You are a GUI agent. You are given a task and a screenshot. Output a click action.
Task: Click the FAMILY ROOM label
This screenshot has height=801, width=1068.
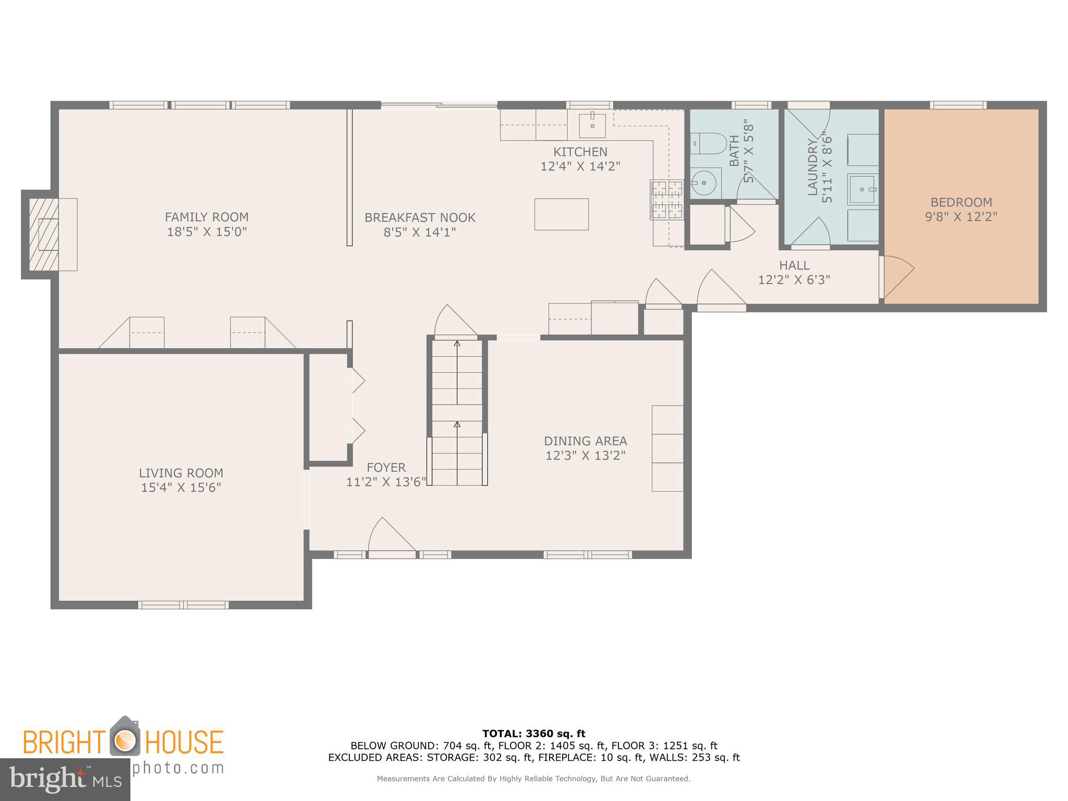[x=207, y=217]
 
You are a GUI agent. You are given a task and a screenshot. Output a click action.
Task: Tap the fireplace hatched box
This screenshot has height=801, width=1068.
[x=44, y=234]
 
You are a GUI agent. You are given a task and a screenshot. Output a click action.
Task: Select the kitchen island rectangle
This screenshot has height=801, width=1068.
[x=561, y=214]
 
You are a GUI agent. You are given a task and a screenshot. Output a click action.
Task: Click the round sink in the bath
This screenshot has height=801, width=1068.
[x=705, y=183]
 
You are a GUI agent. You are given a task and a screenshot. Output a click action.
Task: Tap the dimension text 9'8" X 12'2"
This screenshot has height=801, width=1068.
[x=961, y=217]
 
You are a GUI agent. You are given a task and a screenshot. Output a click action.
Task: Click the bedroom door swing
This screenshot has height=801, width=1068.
[x=897, y=276]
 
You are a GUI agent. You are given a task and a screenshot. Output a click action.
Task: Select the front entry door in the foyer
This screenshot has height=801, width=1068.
[x=391, y=537]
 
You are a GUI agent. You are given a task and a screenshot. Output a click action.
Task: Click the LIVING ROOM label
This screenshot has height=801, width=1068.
[x=181, y=473]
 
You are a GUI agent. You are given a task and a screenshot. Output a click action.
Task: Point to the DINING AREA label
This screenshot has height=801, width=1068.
[x=585, y=441]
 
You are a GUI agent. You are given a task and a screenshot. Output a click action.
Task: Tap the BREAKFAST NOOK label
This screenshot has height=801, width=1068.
[x=420, y=217]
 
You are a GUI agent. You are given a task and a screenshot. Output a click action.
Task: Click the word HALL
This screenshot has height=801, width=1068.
[x=794, y=265]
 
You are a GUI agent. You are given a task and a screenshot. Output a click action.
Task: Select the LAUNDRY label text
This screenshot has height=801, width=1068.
[x=812, y=167]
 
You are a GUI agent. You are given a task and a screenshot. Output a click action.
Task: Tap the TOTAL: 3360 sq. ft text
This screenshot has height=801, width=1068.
[x=533, y=734]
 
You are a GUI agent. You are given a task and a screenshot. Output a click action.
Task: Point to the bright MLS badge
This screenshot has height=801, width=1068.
[x=65, y=779]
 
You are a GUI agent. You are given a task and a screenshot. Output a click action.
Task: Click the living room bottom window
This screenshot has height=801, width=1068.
[x=183, y=605]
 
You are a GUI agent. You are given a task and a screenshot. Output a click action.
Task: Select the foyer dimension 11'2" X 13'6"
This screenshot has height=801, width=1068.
[x=386, y=482]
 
